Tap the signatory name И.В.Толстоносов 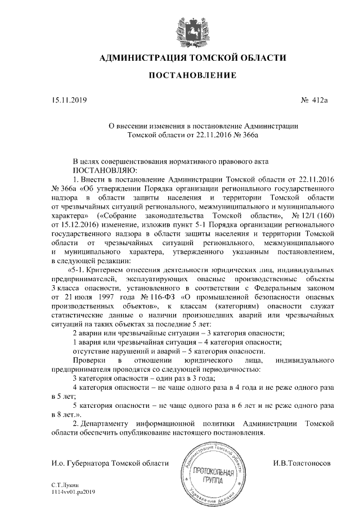point(301,462)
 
